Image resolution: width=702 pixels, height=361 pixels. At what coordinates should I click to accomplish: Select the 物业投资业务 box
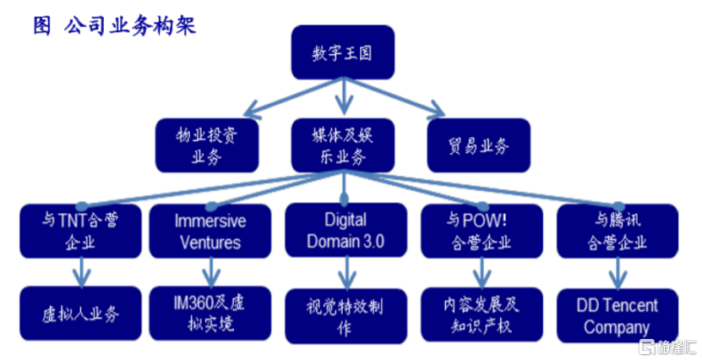tap(207, 144)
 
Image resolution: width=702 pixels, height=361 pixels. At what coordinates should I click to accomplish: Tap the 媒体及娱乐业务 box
tap(342, 144)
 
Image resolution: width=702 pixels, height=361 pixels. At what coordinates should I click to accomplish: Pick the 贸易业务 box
tap(478, 144)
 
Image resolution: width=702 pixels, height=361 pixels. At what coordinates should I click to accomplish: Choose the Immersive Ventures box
tap(210, 231)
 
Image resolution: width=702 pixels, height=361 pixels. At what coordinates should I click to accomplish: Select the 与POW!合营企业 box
tap(479, 231)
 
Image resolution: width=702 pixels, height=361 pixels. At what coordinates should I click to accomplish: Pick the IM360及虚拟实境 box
tap(210, 312)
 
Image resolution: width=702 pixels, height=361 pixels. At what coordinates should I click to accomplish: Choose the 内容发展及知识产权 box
tap(479, 314)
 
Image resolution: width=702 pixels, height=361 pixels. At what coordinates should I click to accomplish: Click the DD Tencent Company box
tap(617, 315)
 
